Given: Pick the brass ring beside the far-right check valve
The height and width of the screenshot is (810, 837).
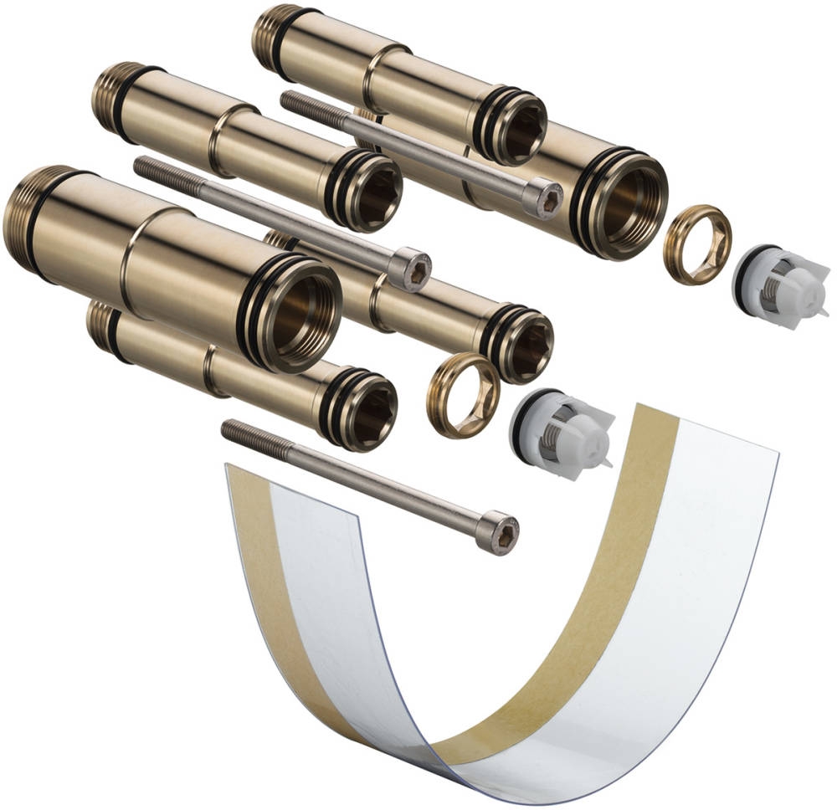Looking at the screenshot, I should [x=697, y=244].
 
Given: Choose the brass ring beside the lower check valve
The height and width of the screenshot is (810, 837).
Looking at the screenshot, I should [x=463, y=395].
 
